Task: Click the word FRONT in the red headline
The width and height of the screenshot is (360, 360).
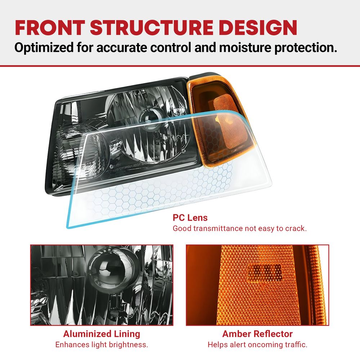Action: [x=50, y=28]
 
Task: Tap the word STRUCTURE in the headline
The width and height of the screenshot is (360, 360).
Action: [x=152, y=28]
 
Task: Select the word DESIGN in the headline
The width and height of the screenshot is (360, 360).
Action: [x=258, y=28]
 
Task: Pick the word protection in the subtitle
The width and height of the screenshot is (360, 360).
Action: [x=306, y=48]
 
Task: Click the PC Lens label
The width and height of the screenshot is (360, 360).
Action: [x=190, y=218]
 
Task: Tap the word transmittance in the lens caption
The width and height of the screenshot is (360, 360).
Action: [x=218, y=229]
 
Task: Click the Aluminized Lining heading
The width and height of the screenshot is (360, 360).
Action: [x=102, y=334]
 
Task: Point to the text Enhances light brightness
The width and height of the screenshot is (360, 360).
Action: [x=102, y=345]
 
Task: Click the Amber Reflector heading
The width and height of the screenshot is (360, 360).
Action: [x=257, y=334]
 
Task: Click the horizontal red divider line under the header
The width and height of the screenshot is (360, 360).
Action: [x=180, y=66]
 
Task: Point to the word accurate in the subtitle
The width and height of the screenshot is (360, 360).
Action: [x=121, y=48]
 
